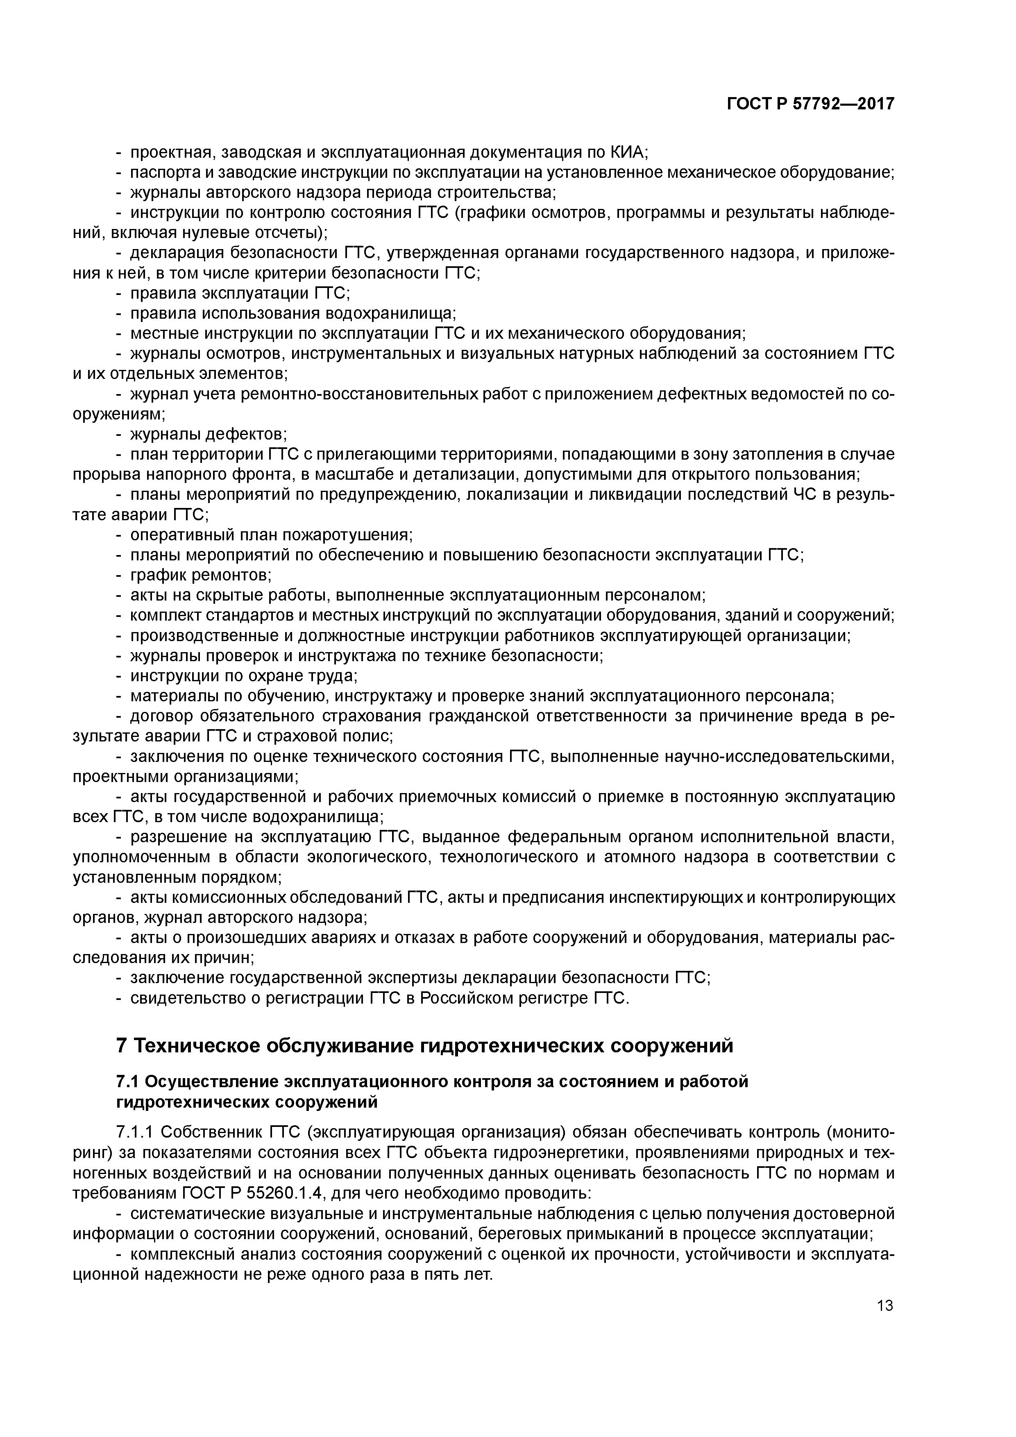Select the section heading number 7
click(122, 1046)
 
